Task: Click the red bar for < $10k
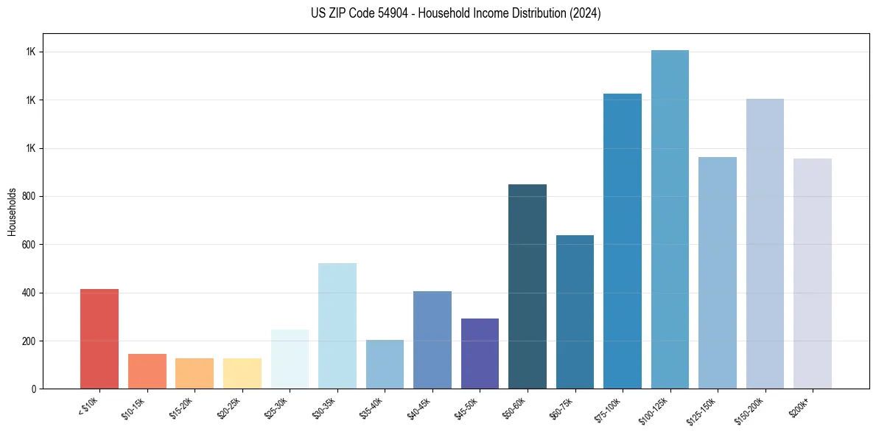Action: pyautogui.click(x=99, y=339)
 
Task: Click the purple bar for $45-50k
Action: pyautogui.click(x=480, y=354)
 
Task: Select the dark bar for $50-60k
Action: pyautogui.click(x=528, y=287)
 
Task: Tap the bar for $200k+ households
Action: pyautogui.click(x=813, y=274)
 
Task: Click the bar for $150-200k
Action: pyautogui.click(x=765, y=244)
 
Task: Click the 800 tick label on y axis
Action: pyautogui.click(x=29, y=197)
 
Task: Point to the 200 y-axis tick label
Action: pyautogui.click(x=29, y=341)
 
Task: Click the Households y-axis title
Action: pyautogui.click(x=12, y=211)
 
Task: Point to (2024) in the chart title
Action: pyautogui.click(x=586, y=13)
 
